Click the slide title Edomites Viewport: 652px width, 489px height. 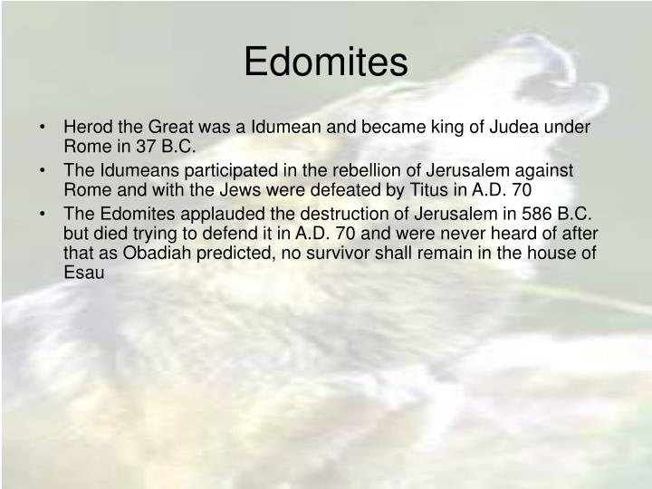click(326, 62)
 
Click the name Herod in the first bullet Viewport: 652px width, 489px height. click(87, 128)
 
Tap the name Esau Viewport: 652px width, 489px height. click(84, 273)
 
